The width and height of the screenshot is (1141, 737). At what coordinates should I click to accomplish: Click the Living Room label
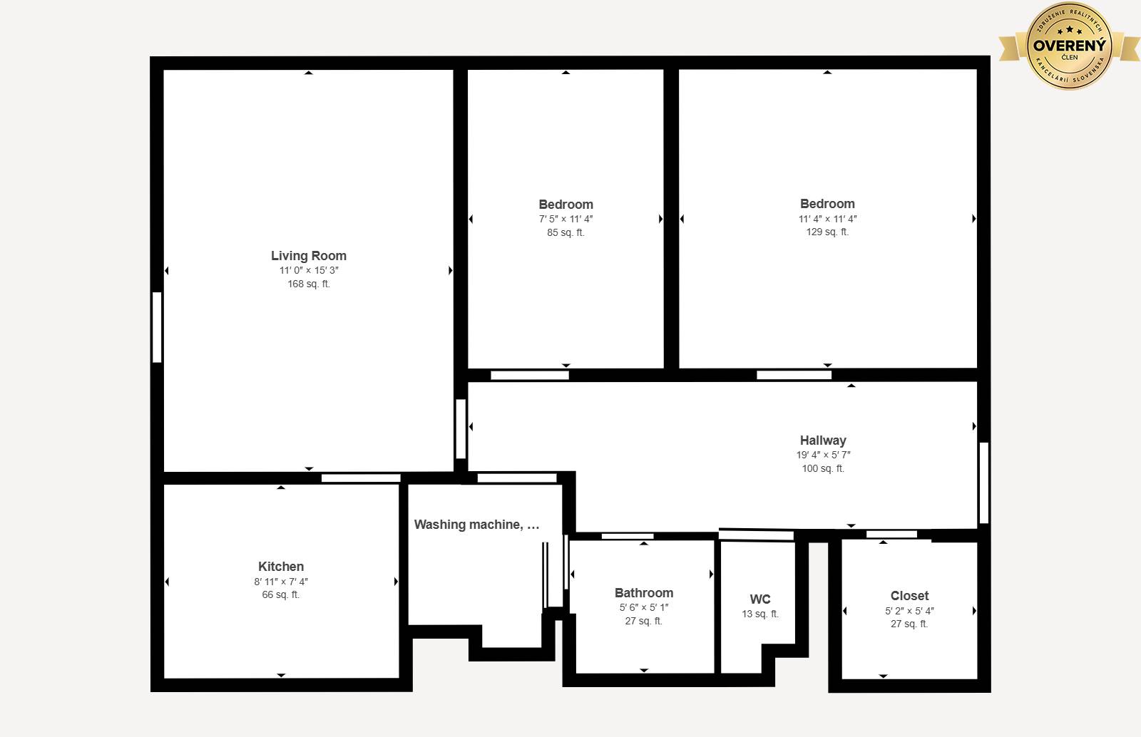coord(309,255)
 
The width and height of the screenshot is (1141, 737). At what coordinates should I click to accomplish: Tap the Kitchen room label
coord(281,567)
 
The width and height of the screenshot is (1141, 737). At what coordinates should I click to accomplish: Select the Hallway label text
coord(823,440)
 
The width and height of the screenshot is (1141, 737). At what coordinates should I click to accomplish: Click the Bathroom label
coord(644,593)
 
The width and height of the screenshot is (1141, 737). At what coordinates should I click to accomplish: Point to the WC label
coord(760,599)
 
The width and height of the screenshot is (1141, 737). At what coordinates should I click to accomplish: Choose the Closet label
coord(909,595)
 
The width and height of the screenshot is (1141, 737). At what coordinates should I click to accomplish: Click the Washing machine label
coord(476,525)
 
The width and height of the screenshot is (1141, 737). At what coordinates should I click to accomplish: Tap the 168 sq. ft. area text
coord(309,284)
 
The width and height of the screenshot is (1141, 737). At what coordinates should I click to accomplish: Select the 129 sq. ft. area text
coord(827,232)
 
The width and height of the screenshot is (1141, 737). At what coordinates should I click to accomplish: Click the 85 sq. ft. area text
coord(566,232)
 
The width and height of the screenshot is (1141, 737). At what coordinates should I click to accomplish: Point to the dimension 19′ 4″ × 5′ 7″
coord(823,455)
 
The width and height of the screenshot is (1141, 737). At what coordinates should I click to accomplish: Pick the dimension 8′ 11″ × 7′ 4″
coord(281,581)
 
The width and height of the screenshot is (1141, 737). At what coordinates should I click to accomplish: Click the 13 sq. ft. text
coord(760,614)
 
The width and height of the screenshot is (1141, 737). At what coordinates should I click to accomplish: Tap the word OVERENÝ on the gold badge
coord(1069,46)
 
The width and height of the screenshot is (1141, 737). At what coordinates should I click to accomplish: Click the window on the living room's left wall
coord(157,327)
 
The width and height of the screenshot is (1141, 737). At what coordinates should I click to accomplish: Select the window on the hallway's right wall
coord(984,483)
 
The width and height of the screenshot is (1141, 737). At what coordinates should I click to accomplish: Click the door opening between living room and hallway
coord(461,428)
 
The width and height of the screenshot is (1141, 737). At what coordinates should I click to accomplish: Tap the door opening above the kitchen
coord(361,478)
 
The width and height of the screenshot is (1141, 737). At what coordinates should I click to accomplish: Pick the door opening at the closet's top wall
coord(891,534)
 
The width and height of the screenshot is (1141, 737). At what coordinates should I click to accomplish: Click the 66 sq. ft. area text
coord(281,595)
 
